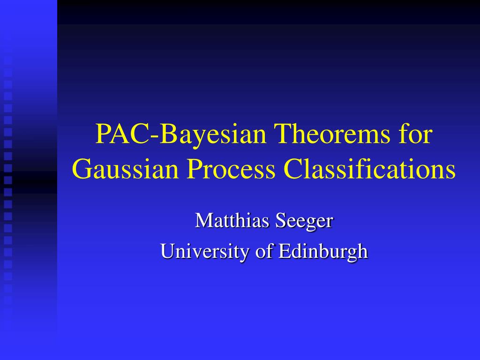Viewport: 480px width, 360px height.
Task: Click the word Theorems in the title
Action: coord(331,135)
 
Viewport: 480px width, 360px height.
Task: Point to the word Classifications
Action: coord(369,170)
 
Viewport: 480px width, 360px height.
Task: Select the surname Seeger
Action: coord(304,221)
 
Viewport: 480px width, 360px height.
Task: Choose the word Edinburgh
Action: coord(323,251)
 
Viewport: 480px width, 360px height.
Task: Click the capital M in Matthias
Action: coord(202,220)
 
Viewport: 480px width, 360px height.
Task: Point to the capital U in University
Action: coord(167,251)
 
